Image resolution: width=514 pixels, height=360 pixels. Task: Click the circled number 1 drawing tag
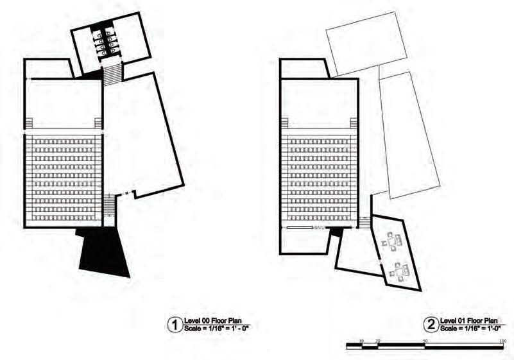point(173,325)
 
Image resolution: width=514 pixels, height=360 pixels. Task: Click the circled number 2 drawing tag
point(431,325)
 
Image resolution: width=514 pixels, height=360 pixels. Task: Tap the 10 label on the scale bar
point(362,340)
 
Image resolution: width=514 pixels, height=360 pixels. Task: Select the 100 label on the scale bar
point(502,340)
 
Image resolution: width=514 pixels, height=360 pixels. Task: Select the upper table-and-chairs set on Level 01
point(391,242)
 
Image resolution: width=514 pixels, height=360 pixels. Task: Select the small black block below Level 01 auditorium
point(334,241)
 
